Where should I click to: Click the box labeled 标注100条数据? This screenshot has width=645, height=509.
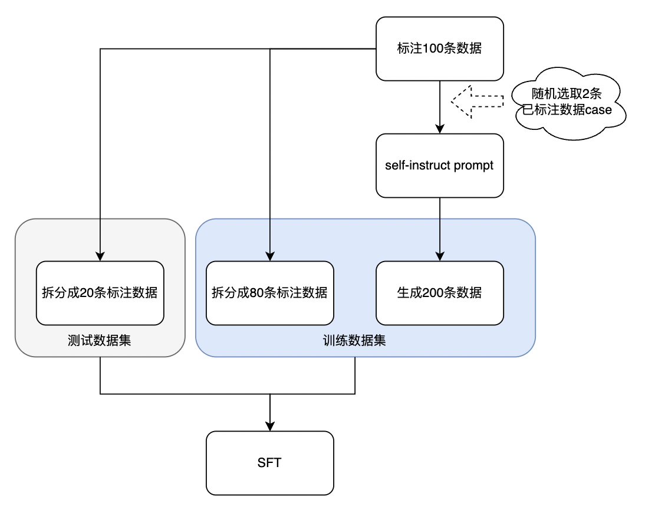[440, 48]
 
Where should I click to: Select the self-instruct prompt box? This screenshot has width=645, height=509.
[440, 165]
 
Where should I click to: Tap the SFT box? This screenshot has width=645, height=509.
[269, 463]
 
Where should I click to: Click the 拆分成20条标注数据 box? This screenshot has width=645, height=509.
[100, 293]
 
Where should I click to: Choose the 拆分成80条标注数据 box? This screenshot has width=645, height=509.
[269, 293]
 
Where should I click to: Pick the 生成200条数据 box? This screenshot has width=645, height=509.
[440, 293]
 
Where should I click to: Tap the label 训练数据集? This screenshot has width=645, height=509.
[354, 341]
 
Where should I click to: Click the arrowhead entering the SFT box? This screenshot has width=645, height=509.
[270, 426]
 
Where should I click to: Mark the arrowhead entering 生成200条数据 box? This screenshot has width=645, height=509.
[440, 256]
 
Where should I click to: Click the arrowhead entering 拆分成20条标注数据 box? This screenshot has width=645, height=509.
[100, 256]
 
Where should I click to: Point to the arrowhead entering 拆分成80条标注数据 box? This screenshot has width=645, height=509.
[270, 256]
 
